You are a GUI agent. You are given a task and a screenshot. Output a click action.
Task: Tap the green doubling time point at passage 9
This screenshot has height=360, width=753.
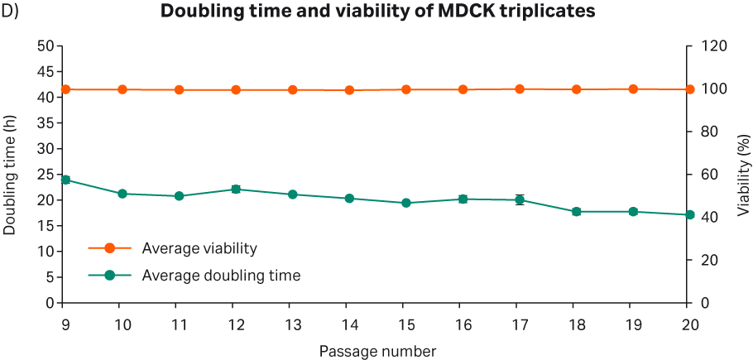(65, 180)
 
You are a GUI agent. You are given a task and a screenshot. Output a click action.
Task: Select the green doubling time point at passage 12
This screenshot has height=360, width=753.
(236, 190)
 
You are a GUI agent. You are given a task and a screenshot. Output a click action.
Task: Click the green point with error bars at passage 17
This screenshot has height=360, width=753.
(520, 199)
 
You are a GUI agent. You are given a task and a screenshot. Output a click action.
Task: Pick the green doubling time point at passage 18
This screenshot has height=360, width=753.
(577, 212)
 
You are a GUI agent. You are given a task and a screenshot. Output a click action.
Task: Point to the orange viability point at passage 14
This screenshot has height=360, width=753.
(349, 90)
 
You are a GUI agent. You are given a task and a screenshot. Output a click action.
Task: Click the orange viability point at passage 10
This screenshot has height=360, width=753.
(122, 89)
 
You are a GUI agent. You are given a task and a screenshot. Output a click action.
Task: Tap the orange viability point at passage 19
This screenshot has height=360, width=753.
(633, 89)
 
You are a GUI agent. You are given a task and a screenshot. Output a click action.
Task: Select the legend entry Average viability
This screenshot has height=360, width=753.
(199, 248)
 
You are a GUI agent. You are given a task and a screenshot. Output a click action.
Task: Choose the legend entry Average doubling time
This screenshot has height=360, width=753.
(220, 275)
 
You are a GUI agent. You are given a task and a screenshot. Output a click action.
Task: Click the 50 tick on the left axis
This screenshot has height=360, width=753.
(46, 46)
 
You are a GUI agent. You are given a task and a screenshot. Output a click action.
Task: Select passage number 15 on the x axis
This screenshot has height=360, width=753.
(406, 323)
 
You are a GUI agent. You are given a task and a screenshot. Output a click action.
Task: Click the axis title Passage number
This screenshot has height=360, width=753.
(376, 351)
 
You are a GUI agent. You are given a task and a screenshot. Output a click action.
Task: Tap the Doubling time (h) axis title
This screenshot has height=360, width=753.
(10, 175)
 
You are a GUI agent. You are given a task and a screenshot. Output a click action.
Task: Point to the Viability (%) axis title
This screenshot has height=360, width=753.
(742, 175)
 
